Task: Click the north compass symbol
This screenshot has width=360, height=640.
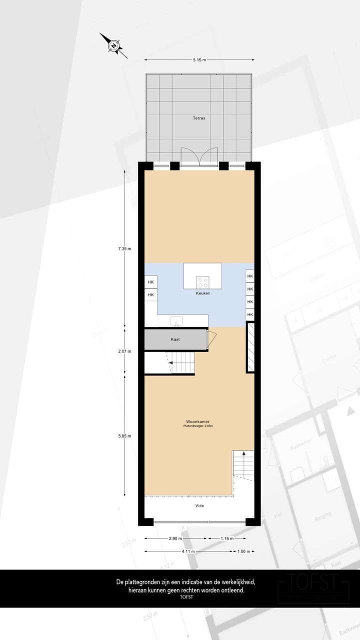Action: [113, 46]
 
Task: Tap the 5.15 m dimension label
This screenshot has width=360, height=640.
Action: [199, 59]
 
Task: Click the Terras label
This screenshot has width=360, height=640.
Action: [199, 118]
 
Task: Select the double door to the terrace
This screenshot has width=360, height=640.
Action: [199, 156]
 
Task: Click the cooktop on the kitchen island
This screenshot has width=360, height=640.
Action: [202, 281]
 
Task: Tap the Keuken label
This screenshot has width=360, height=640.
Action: [203, 293]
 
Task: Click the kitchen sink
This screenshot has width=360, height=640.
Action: [176, 320]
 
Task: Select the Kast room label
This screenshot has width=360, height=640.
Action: [175, 339]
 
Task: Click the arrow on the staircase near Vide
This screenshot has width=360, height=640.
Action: [244, 454]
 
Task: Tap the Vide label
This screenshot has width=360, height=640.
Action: [199, 505]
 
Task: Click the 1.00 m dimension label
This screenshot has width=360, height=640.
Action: [242, 551]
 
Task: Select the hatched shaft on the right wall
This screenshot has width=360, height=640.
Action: [250, 347]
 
